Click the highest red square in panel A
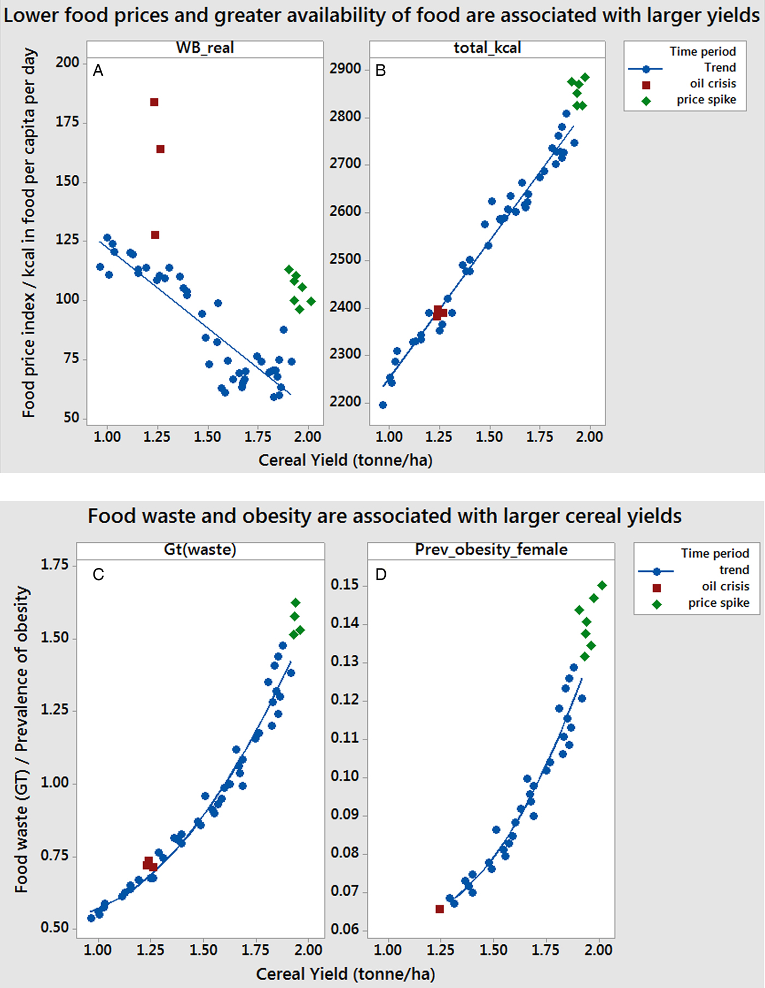pos(154,102)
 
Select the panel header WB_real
pos(205,48)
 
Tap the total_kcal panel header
pos(487,48)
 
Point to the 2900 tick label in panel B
pos(345,69)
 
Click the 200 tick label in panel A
pos(68,62)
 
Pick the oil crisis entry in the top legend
pos(713,84)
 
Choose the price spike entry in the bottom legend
pos(719,603)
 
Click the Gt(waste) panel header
pos(200,549)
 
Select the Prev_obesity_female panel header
pos(491,549)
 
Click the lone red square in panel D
pos(440,909)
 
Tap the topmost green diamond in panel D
pos(602,585)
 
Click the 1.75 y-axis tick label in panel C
pos(55,564)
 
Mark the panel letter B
pos(381,70)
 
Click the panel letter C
pos(98,575)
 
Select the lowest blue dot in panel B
pos(383,405)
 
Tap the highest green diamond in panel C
pos(296,603)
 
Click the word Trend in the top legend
pos(720,68)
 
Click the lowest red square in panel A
pos(155,235)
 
